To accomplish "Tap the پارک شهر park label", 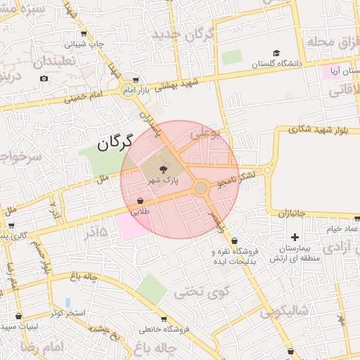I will [x=163, y=181].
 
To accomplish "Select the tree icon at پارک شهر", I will [x=164, y=169].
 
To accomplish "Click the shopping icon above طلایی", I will [x=140, y=200].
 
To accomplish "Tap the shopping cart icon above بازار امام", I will [x=135, y=80].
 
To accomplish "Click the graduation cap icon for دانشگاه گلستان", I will [x=276, y=53].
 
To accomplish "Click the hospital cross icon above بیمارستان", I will [x=295, y=237].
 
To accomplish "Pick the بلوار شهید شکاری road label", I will [x=323, y=129].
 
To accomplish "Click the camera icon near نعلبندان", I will [x=44, y=78].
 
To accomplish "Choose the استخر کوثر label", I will [x=68, y=312].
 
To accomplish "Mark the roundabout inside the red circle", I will [x=201, y=188].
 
